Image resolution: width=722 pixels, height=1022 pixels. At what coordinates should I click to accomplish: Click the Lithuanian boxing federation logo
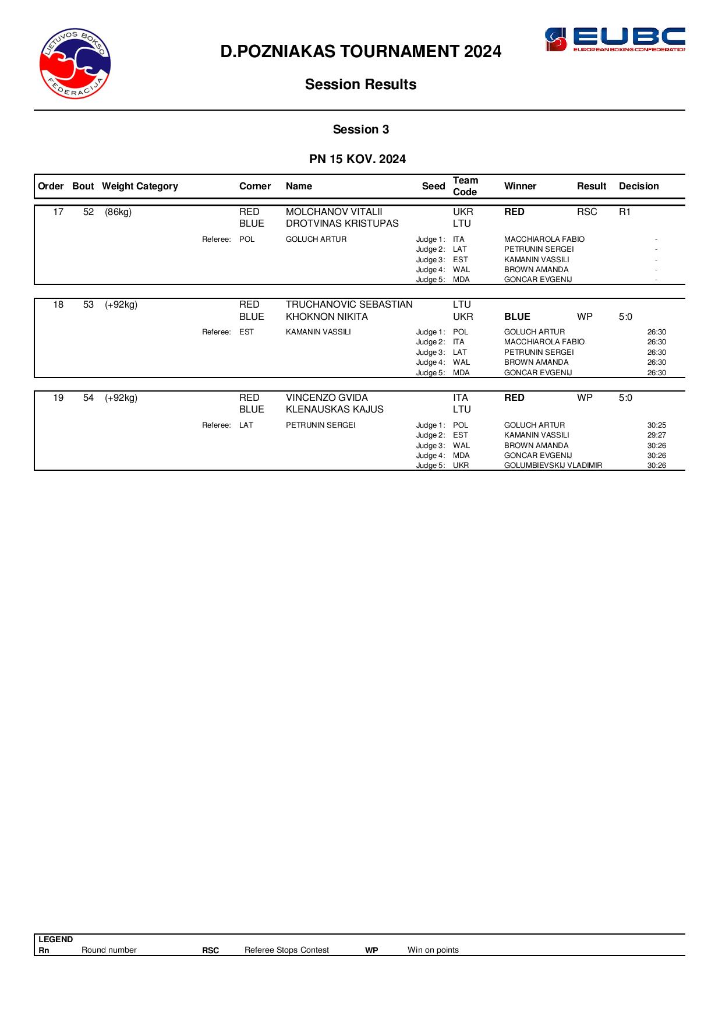[75, 64]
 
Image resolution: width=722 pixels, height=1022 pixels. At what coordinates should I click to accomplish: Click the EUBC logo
[614, 40]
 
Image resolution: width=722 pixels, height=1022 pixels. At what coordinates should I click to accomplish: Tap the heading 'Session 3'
[360, 129]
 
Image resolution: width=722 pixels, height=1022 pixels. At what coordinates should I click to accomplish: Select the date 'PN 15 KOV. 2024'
[357, 159]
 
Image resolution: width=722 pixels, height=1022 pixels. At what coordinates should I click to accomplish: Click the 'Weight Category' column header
[140, 186]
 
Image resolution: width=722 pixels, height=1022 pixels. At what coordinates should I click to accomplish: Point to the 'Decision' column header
[638, 186]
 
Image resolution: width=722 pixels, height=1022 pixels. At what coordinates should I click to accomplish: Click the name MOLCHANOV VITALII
[334, 212]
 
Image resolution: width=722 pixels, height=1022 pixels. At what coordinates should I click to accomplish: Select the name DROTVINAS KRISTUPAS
[342, 224]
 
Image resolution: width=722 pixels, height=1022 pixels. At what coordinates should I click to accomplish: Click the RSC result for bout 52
[586, 212]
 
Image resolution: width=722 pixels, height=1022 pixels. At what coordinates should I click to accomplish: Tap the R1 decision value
[624, 212]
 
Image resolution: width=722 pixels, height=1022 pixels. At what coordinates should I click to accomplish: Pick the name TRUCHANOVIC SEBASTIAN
[349, 305]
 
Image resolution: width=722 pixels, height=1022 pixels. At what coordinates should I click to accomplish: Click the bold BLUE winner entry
[516, 317]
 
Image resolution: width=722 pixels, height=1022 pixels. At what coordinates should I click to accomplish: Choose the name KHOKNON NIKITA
[326, 317]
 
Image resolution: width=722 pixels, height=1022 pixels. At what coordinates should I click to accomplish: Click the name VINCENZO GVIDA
[327, 398]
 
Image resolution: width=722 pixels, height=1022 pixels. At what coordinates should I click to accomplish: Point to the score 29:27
[656, 435]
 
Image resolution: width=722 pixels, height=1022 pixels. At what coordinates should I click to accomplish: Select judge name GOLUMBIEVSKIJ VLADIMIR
[553, 466]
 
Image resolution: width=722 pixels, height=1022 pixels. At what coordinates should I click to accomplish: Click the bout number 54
[89, 398]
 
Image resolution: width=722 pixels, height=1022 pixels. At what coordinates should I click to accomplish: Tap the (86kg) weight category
[118, 212]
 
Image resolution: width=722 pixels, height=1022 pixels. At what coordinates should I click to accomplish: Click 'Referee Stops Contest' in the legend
[286, 950]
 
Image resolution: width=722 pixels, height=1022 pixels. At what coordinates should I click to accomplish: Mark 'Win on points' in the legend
[433, 950]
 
